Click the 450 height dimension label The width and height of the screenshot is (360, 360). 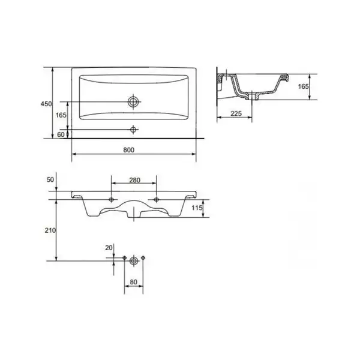[x=46, y=104]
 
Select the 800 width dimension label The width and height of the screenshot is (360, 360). [x=129, y=150]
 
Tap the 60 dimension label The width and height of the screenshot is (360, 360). [x=61, y=134]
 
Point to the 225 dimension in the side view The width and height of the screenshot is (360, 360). [x=236, y=113]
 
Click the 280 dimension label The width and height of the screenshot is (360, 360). [x=134, y=180]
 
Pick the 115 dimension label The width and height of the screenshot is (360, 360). [x=197, y=208]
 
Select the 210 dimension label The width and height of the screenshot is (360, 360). [x=50, y=230]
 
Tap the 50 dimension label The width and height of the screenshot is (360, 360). [x=50, y=180]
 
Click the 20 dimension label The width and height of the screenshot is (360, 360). [x=109, y=248]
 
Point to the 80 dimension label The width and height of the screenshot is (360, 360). [x=133, y=282]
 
